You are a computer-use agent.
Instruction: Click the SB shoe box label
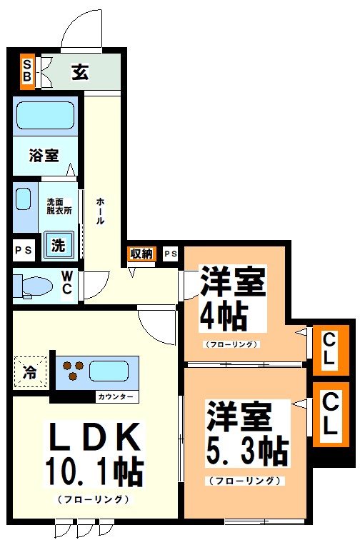pos(27,71)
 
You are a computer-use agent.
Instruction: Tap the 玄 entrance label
pos(79,72)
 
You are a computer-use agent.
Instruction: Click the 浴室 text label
pos(43,156)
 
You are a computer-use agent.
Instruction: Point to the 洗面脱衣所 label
pos(60,206)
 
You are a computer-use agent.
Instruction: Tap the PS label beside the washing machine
pos(23,250)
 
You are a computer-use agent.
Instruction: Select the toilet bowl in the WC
pos(34,286)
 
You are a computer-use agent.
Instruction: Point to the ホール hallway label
pos(101,211)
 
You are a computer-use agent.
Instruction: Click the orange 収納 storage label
pos(141,254)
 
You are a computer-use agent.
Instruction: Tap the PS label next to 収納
pos(171,254)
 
